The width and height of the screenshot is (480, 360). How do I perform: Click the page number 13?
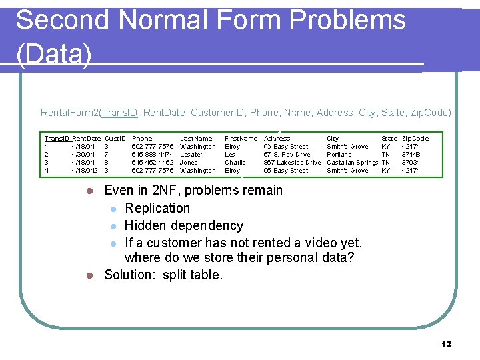point(447,344)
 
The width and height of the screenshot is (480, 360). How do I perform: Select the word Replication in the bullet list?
point(157,208)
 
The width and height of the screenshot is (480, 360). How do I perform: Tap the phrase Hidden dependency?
point(184,225)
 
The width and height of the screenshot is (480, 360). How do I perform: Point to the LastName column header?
point(196,139)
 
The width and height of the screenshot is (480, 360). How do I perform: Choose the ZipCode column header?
point(415,139)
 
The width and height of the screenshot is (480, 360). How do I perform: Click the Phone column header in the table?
point(142,139)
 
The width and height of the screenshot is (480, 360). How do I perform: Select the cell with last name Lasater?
point(191,155)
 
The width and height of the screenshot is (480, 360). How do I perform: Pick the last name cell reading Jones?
point(189,163)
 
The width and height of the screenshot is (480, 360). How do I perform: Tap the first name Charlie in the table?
point(235,163)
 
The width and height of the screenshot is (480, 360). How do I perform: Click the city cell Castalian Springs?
point(352,163)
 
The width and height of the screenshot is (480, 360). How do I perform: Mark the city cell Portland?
point(339,155)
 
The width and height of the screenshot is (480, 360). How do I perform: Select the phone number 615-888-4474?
point(153,155)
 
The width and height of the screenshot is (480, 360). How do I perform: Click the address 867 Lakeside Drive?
point(292,163)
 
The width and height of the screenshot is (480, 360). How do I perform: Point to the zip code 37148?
point(411,155)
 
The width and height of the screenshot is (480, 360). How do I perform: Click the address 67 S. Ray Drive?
point(287,155)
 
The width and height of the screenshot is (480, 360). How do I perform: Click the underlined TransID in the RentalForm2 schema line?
point(119,113)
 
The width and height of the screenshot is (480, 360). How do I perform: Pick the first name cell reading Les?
point(230,155)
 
